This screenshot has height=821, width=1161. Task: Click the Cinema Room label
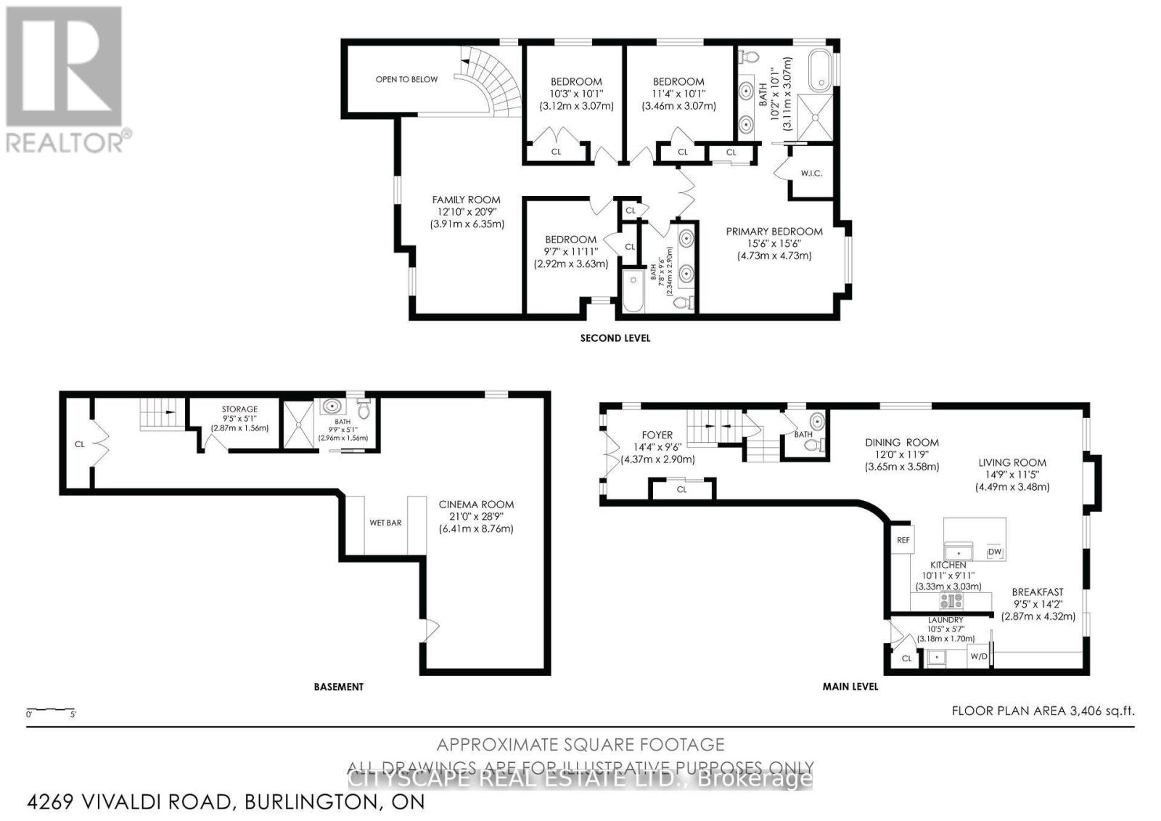(x=476, y=505)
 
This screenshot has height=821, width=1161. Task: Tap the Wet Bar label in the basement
(x=385, y=523)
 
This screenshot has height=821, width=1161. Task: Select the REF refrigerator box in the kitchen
(x=903, y=540)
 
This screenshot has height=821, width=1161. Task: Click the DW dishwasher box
(x=994, y=552)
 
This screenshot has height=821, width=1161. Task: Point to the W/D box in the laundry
(x=979, y=657)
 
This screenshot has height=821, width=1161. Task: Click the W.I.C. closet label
(x=811, y=173)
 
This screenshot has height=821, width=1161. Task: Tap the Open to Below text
(x=406, y=79)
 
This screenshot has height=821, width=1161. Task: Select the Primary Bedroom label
(x=774, y=232)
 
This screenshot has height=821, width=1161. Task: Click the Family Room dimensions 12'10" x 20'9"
(x=466, y=212)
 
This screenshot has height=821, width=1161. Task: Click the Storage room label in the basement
(x=239, y=409)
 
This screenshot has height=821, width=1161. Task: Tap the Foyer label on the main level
(x=658, y=436)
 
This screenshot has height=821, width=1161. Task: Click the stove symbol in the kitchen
(x=951, y=601)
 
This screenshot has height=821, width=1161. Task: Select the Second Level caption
(x=615, y=338)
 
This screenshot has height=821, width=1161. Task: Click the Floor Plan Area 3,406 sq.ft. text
(x=1042, y=711)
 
